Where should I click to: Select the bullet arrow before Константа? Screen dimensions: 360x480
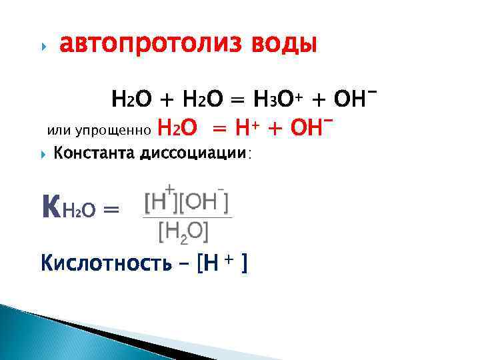pos(44,153)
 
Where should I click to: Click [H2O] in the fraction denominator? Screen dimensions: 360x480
pos(183,231)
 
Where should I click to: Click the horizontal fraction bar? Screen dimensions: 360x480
pos(187,217)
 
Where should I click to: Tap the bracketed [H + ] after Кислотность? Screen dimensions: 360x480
pos(223,264)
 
